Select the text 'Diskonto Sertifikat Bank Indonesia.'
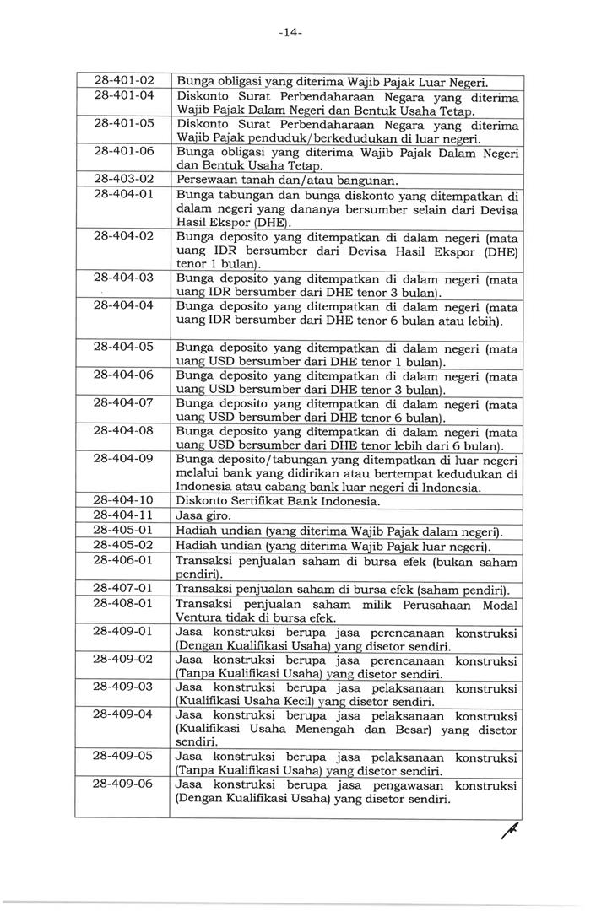click(x=278, y=501)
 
